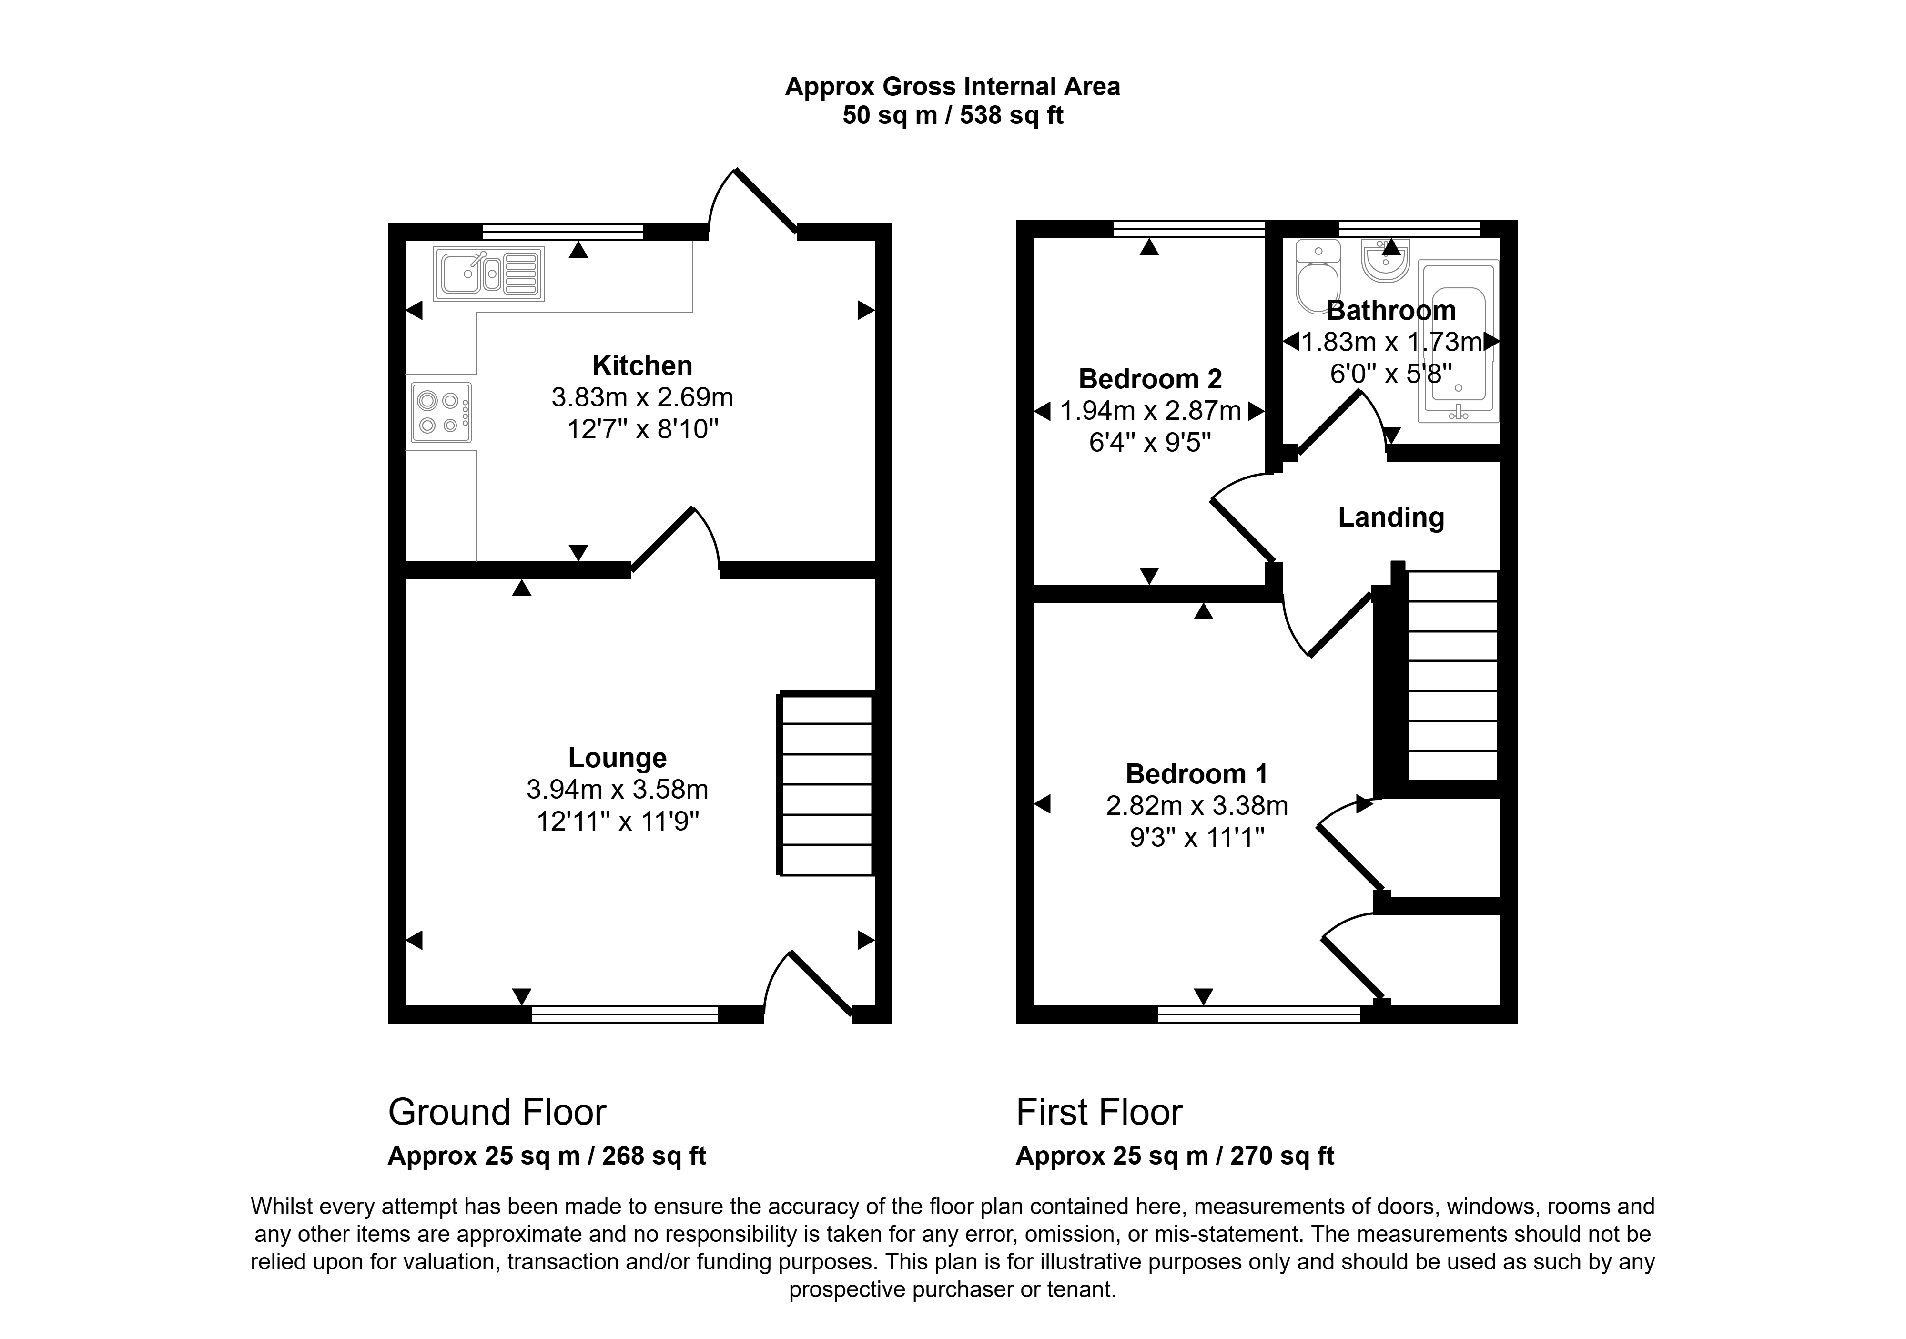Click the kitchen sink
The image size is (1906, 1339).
click(x=489, y=273)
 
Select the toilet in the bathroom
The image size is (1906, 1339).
click(x=1318, y=276)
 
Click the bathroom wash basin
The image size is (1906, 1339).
click(x=1386, y=260)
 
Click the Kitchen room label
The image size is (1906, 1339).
click(x=642, y=365)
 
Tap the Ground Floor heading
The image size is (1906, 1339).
click(x=497, y=1112)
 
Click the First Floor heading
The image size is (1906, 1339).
click(x=1099, y=1112)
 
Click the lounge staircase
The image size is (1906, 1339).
click(x=826, y=784)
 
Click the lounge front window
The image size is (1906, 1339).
click(x=624, y=1014)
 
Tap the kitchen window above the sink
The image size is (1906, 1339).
click(x=563, y=232)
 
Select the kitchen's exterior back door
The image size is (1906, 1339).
click(x=753, y=200)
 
